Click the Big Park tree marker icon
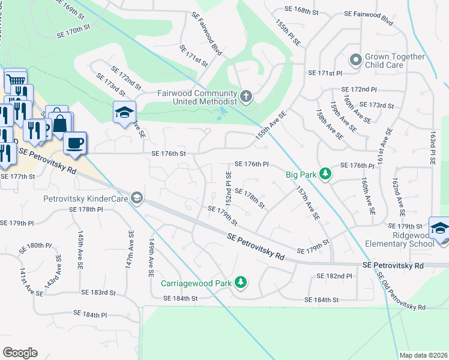325,174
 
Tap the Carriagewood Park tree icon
240,281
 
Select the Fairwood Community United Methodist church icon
246,97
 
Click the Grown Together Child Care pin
356,61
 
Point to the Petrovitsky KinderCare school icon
137,199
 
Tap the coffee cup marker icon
75,143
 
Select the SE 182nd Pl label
334,275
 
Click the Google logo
20,352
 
